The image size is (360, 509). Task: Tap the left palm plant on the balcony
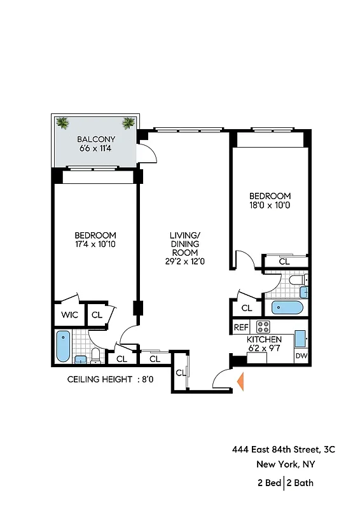tap(62, 123)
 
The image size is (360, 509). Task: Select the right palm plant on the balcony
tap(128, 123)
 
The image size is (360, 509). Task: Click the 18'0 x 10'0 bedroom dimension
tap(270, 206)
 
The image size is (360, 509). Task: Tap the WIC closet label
tap(69, 314)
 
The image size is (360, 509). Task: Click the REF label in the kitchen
tap(240, 328)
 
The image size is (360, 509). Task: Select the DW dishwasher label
tap(301, 357)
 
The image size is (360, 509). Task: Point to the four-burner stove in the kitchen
tap(263, 327)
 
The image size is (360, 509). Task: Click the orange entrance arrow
tap(240, 381)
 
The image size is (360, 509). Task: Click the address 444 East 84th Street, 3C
tap(283, 450)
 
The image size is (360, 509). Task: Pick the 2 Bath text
tap(300, 483)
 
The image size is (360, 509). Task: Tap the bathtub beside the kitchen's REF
tap(287, 308)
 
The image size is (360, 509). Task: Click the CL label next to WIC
tap(97, 314)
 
